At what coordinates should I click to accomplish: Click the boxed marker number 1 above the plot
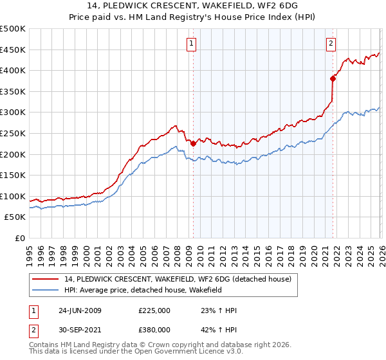(x=192, y=44)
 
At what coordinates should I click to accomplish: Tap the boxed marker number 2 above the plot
(x=331, y=44)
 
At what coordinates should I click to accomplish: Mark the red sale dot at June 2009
(x=193, y=144)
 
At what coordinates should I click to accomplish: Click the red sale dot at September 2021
(x=333, y=79)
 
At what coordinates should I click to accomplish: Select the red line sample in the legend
(x=46, y=279)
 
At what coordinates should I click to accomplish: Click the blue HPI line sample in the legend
(x=46, y=290)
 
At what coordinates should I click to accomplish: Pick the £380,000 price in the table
(x=154, y=329)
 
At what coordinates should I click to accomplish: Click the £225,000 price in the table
(x=154, y=310)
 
